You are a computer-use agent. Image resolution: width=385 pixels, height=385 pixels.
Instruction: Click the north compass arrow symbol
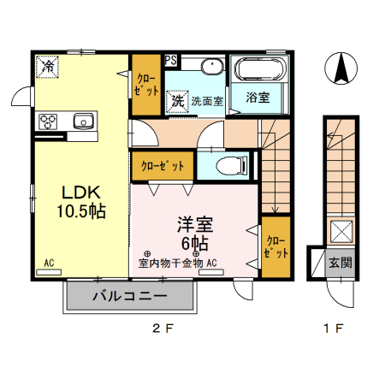(341, 68)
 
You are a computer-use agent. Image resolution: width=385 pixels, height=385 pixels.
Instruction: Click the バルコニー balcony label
(130, 299)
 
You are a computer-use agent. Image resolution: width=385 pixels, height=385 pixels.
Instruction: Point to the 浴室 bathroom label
(258, 97)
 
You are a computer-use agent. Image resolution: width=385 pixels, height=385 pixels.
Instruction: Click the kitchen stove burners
(47, 121)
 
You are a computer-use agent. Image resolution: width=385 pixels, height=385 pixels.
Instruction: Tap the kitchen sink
(84, 120)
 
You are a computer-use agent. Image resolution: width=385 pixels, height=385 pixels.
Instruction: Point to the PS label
(171, 60)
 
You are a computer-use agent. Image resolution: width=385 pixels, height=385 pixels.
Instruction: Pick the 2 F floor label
(163, 328)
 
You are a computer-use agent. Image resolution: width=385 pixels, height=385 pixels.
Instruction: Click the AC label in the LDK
(50, 263)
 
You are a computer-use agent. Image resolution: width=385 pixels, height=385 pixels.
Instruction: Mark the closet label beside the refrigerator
(143, 85)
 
